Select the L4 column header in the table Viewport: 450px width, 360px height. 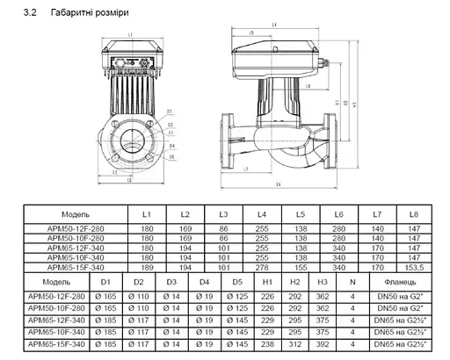pos(262,214)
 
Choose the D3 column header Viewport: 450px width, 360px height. pos(171,283)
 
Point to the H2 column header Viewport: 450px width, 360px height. pos(296,283)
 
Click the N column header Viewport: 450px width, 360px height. pos(352,283)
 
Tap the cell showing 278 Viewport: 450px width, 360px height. pos(262,267)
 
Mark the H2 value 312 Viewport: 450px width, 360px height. pos(296,346)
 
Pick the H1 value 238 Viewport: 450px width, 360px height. pos(267,346)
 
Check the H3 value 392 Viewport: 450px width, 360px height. pos(323,346)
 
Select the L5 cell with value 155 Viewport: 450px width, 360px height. pos(301,267)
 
